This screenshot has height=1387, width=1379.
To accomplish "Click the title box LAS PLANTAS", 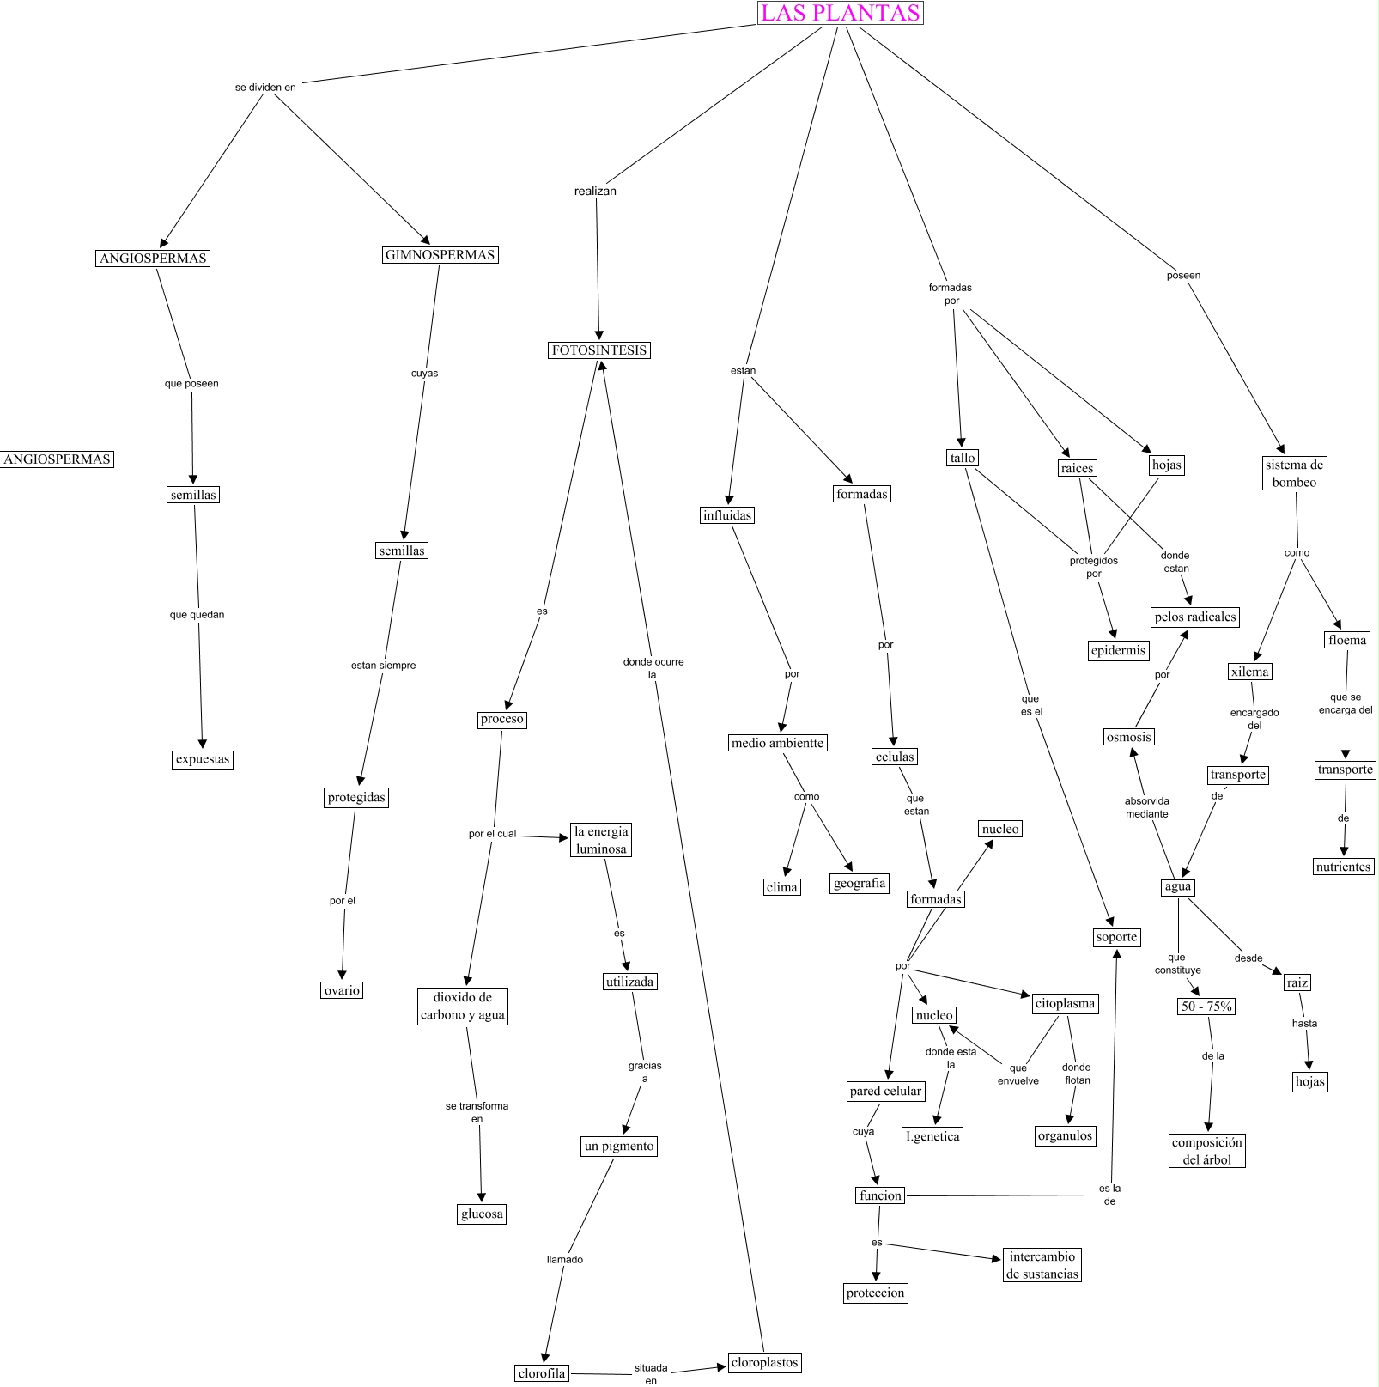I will pyautogui.click(x=840, y=13).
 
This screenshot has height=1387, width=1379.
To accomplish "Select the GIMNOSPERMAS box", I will pyautogui.click(x=440, y=255).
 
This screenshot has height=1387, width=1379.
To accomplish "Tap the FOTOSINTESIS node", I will pyautogui.click(x=599, y=350).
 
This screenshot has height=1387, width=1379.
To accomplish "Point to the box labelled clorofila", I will pyautogui.click(x=542, y=1373).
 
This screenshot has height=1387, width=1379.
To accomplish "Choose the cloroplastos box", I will pyautogui.click(x=764, y=1362).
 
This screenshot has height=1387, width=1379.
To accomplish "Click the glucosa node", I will pyautogui.click(x=482, y=1214).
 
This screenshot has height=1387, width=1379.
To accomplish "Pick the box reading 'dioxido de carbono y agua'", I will pyautogui.click(x=463, y=1006).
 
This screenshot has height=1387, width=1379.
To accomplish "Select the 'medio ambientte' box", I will pyautogui.click(x=777, y=743).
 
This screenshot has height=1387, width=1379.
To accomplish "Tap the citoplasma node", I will pyautogui.click(x=1065, y=1003).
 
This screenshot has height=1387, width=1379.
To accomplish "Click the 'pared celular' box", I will pyautogui.click(x=885, y=1091).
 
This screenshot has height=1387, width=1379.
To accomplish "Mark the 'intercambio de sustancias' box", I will pyautogui.click(x=1042, y=1265).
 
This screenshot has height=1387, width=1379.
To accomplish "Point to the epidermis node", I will pyautogui.click(x=1118, y=650).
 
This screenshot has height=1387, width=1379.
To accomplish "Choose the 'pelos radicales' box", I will pyautogui.click(x=1195, y=617).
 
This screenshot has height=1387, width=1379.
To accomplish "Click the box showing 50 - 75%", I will pyautogui.click(x=1206, y=1006).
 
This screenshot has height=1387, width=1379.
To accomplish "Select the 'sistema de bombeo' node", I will pyautogui.click(x=1294, y=473).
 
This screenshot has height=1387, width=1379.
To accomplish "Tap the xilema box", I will pyautogui.click(x=1249, y=672).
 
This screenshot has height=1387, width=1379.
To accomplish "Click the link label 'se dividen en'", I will pyautogui.click(x=265, y=88).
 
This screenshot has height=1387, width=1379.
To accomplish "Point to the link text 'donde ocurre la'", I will pyautogui.click(x=653, y=668).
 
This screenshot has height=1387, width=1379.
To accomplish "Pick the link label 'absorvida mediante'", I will pyautogui.click(x=1147, y=807).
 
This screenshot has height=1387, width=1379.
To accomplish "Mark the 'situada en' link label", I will pyautogui.click(x=651, y=1374).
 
